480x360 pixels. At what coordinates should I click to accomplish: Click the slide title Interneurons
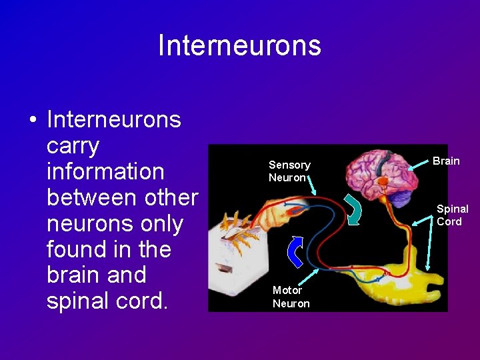[x=239, y=45]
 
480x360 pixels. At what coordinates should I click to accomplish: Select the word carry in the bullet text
[x=73, y=145]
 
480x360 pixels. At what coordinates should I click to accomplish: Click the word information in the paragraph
[x=105, y=171]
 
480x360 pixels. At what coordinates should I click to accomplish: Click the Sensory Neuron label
[x=289, y=171]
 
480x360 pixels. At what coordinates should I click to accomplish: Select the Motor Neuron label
[x=291, y=297]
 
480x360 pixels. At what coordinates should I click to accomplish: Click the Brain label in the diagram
[x=446, y=161]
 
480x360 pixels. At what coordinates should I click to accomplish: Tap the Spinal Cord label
[x=452, y=215]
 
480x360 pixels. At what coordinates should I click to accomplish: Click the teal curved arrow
[x=353, y=206]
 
